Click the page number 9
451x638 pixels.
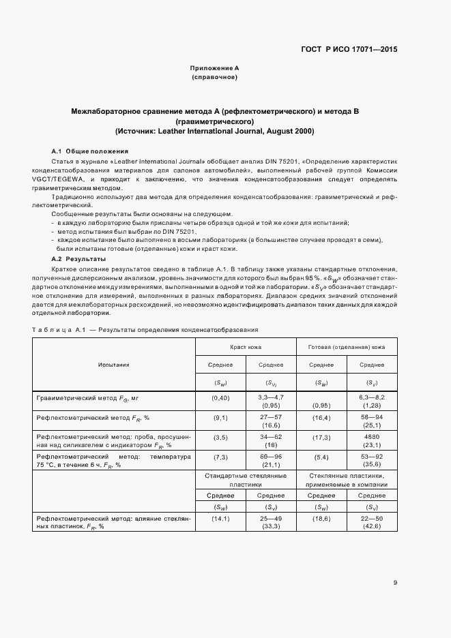tap(396, 563)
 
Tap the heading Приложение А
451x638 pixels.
tap(214, 68)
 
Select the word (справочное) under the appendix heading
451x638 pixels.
tap(214, 77)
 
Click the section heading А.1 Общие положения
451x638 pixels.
tap(90, 151)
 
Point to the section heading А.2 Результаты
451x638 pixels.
tap(78, 260)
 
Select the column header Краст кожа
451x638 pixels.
tap(246, 347)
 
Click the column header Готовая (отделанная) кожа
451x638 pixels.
tap(347, 347)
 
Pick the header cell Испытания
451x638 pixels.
tap(113, 365)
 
